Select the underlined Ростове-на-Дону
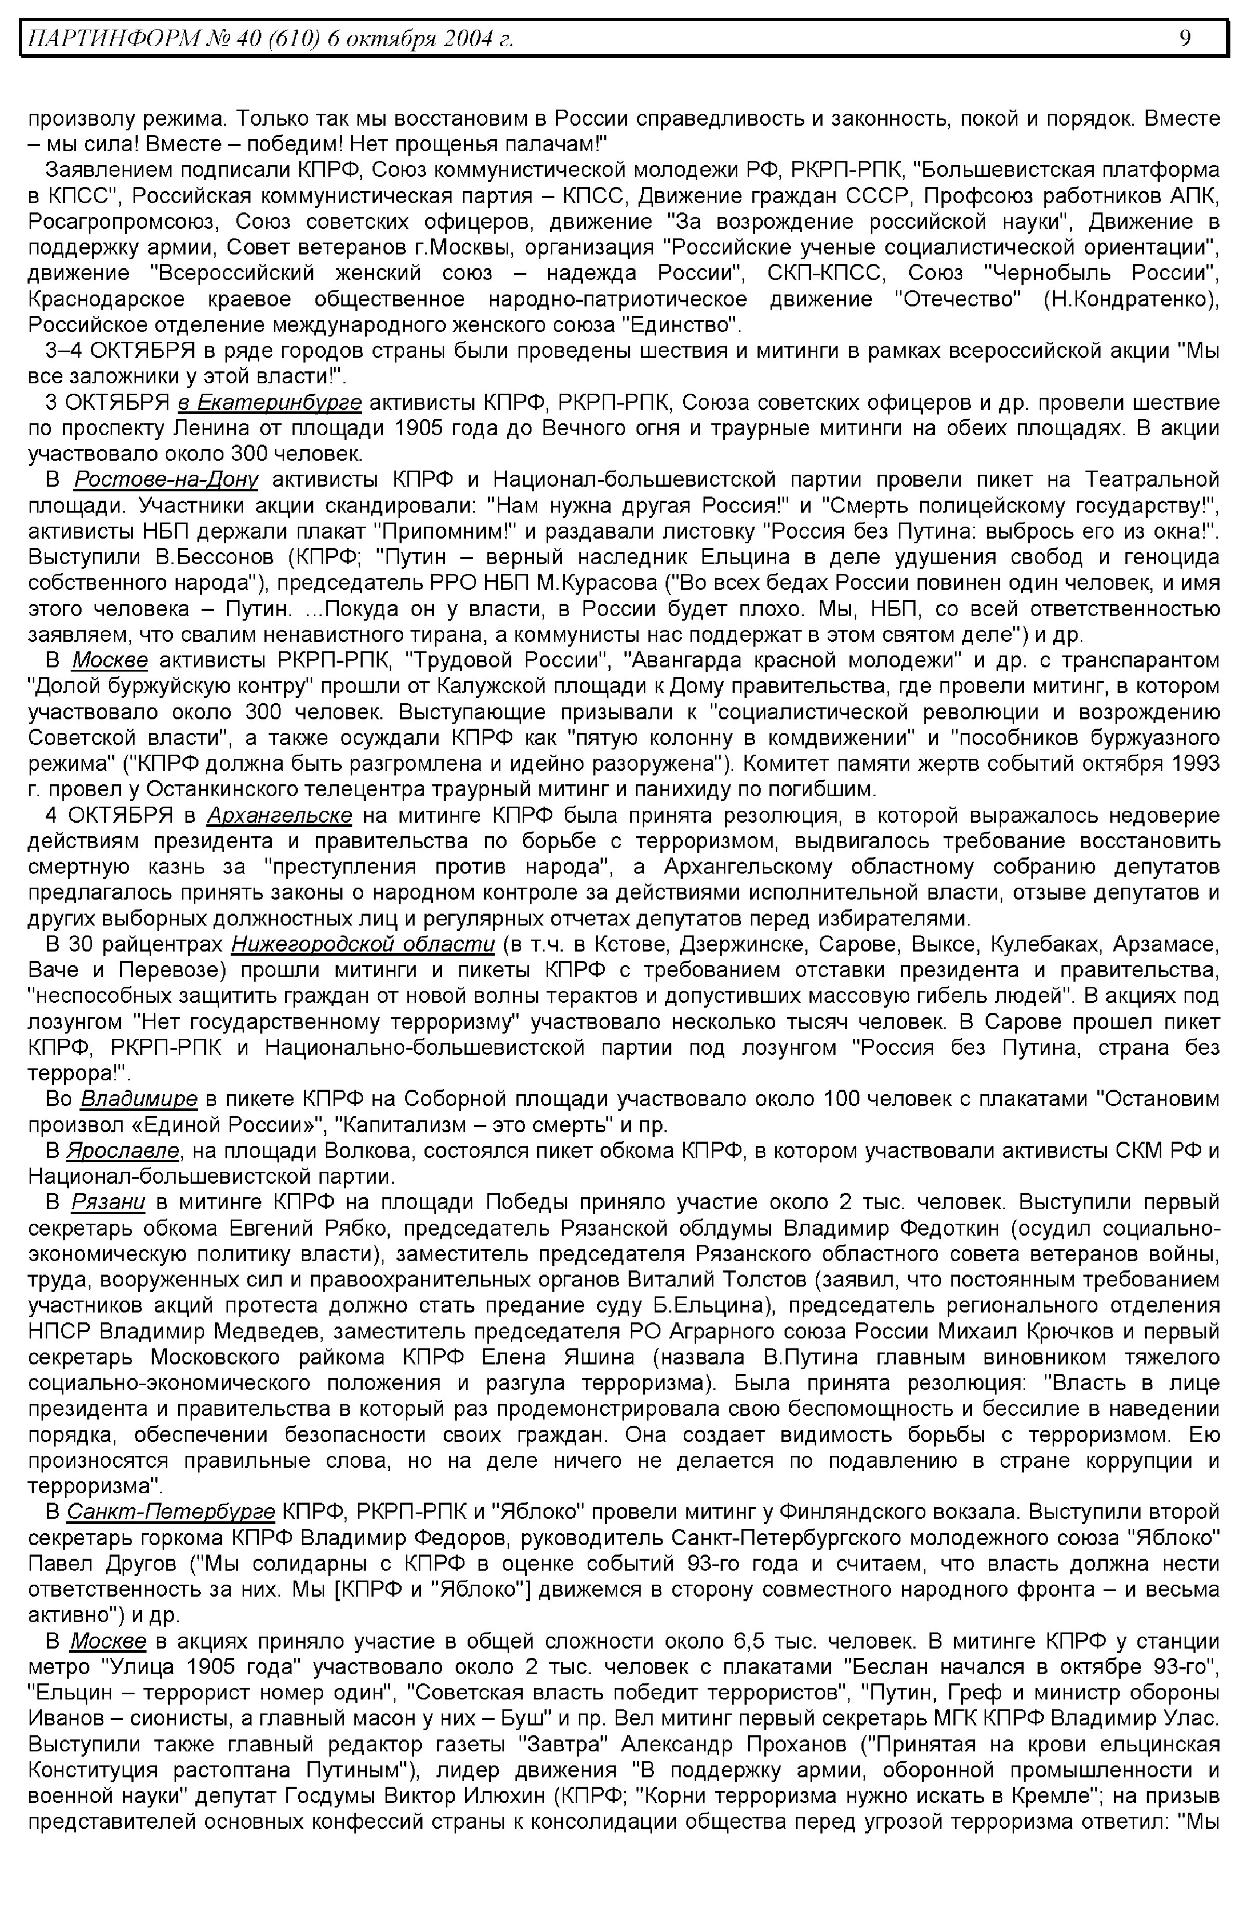pos(166,480)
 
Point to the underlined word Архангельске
pos(280,814)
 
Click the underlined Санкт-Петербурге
pos(171,1511)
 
